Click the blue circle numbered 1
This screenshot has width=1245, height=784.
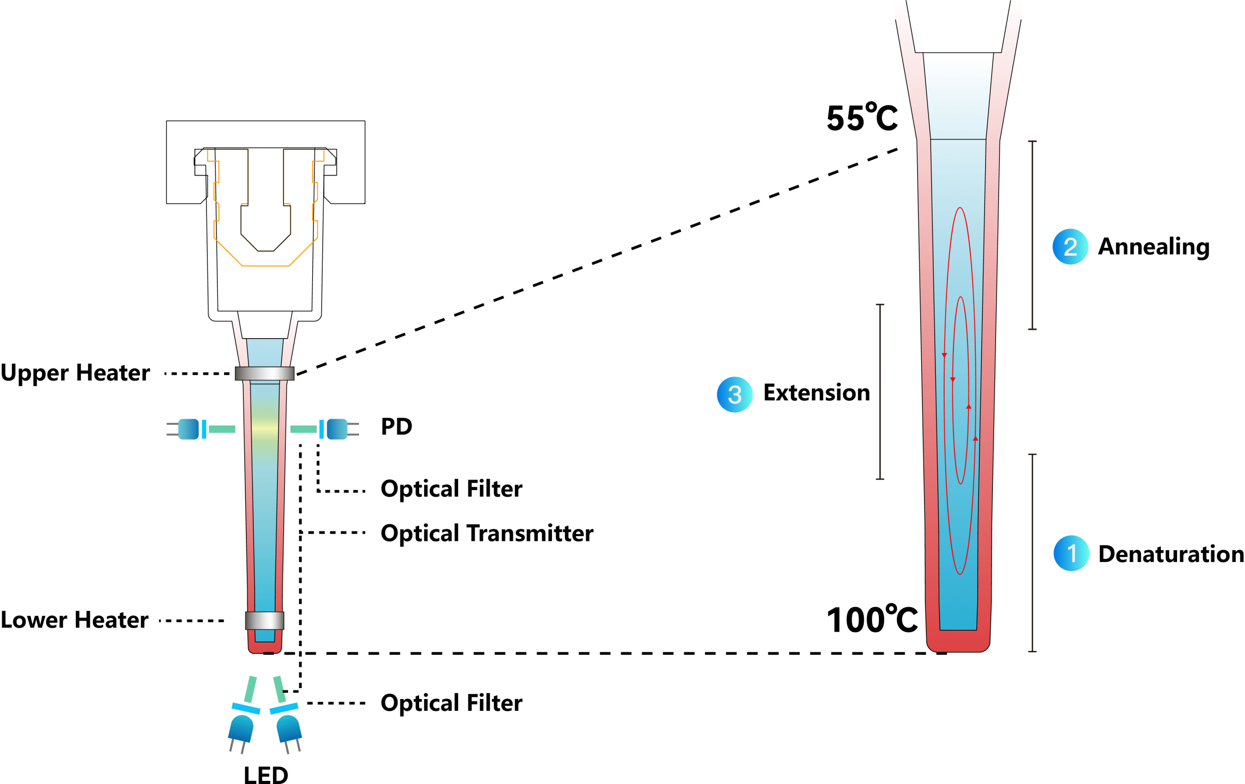[x=1071, y=553]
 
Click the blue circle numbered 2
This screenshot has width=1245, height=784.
[x=1070, y=247]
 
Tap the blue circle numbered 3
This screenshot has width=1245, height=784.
[x=735, y=395]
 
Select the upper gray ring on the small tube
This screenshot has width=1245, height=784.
[x=265, y=373]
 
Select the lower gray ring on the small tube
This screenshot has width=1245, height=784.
[x=265, y=621]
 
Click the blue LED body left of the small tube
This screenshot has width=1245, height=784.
[x=188, y=429]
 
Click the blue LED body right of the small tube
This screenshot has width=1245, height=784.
[x=337, y=429]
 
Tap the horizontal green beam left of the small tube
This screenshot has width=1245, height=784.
[x=222, y=429]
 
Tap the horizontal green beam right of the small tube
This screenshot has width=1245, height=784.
[x=303, y=429]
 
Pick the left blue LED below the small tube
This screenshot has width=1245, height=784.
[x=241, y=729]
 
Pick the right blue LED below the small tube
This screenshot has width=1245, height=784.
[x=288, y=729]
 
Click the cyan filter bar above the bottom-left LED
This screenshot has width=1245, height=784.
[x=246, y=708]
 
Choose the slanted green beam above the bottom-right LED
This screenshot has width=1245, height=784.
[x=280, y=689]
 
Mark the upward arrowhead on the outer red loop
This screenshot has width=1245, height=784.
[x=975, y=439]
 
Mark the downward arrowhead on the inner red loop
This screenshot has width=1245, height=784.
[x=952, y=380]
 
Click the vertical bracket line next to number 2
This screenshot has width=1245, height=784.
[x=1032, y=235]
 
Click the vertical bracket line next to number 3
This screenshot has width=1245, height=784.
[x=880, y=391]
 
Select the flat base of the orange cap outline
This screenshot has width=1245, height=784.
[x=266, y=266]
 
